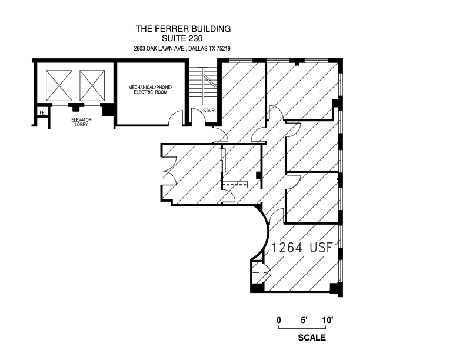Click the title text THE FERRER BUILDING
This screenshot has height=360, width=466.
pos(182,28)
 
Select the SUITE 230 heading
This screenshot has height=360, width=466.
pos(182,38)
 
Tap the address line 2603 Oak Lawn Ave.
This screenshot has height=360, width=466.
pos(182,49)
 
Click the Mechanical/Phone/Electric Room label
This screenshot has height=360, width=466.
pos(150,90)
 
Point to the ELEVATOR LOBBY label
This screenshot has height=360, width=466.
pos(75,122)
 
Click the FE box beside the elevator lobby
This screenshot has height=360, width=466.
pos(42,112)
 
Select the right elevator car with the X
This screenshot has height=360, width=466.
pos(91,85)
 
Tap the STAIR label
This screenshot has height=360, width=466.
pos(208,111)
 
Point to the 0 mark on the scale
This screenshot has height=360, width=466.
pos(279,320)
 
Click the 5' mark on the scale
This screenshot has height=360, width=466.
pos(304,320)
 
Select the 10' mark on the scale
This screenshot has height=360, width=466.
pos(328,320)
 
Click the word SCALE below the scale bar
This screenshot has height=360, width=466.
pos(312,338)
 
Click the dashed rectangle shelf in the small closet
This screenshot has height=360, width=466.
pos(235,184)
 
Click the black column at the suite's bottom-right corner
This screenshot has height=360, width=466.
pos(335,289)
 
